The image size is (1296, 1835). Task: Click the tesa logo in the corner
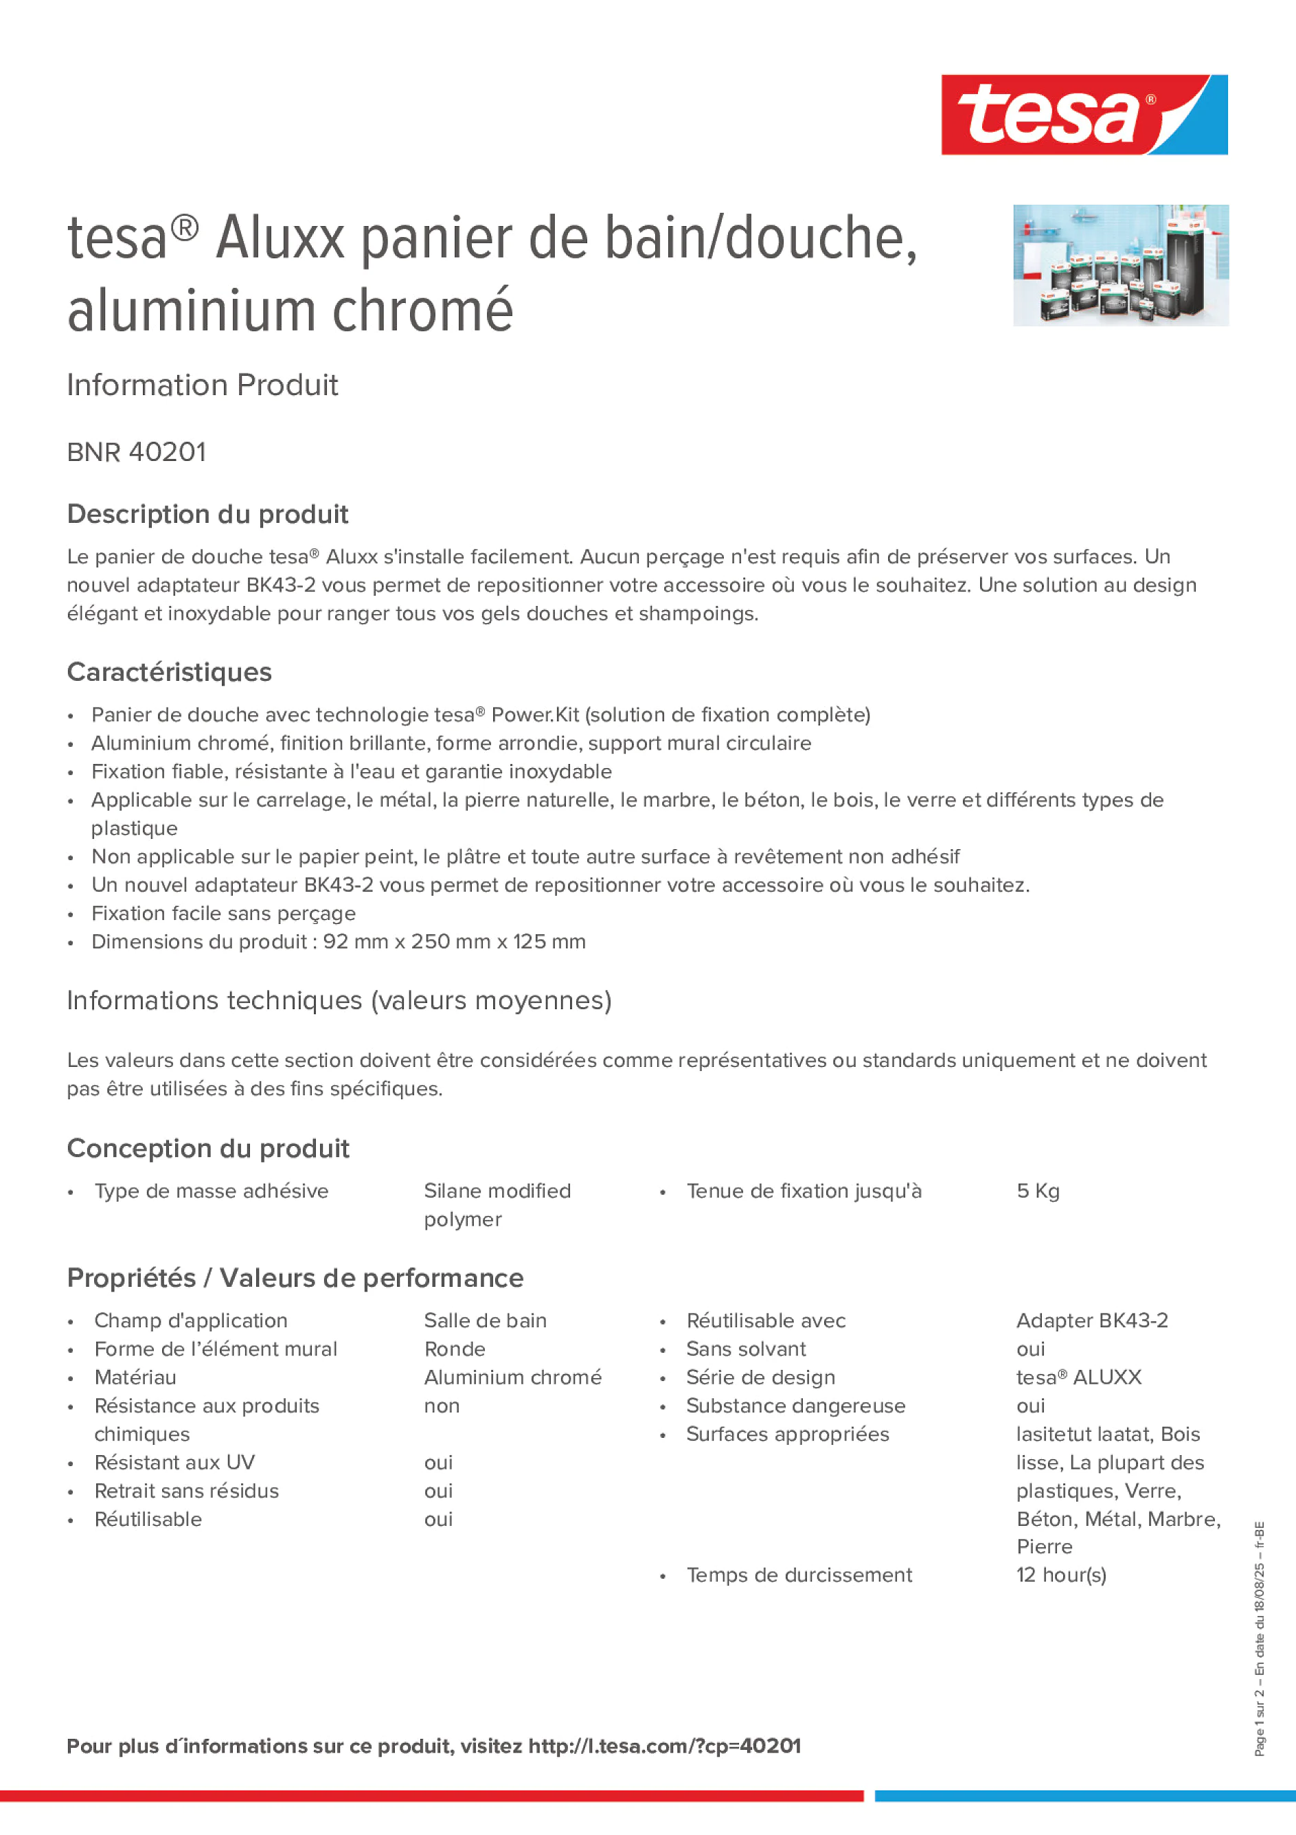coord(1084,115)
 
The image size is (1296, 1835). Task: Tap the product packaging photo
coord(1120,265)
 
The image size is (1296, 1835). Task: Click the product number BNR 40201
coord(137,452)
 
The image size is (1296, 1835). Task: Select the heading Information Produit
coord(202,385)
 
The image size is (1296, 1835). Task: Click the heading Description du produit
coord(207,515)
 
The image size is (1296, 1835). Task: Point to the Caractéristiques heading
coord(170,672)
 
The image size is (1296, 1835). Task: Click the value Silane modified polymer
coord(497,1204)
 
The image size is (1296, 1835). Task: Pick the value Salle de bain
coord(485,1320)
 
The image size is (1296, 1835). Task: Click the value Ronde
coord(455,1349)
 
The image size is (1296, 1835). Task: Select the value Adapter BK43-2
coord(1091,1320)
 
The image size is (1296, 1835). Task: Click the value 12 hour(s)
coord(1061,1575)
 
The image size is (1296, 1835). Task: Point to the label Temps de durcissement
coord(799,1575)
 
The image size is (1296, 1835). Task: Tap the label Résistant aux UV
coord(174,1463)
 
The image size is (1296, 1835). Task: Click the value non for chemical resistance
coord(442,1406)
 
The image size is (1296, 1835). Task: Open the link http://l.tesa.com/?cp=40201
coord(664,1746)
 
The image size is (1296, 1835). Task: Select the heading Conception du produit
coord(207,1149)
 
